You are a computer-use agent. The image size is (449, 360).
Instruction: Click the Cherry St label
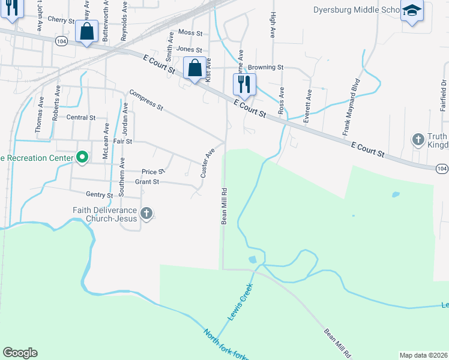coord(61,20)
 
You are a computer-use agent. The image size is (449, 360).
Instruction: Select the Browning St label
coord(266,67)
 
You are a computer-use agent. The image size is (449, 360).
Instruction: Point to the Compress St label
coord(146,100)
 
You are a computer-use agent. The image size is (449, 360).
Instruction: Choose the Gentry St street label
coord(100,195)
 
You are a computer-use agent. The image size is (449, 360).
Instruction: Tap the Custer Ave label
coord(207,163)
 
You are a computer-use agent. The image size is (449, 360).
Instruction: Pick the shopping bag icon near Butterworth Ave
coord(87,31)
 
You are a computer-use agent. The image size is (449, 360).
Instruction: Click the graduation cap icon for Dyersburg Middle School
coord(412,11)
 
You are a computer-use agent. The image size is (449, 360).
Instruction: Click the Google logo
coord(20,353)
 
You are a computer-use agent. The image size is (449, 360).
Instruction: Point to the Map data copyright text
coord(423,355)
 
